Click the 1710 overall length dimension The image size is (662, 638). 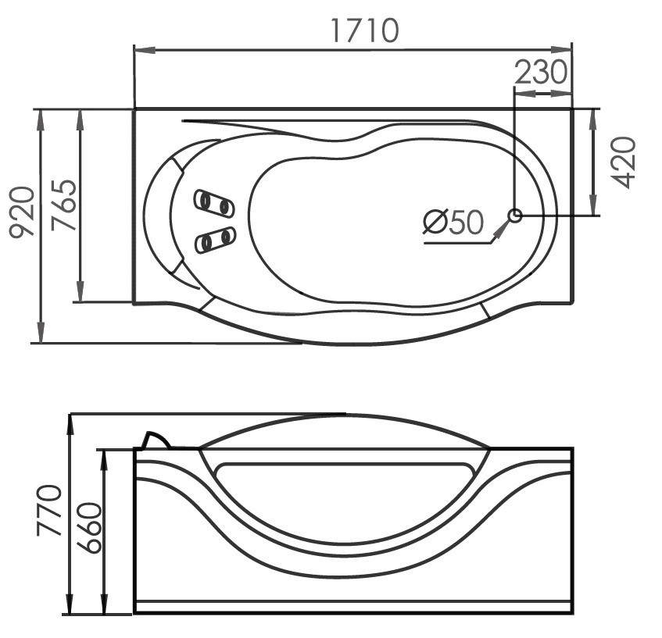364,30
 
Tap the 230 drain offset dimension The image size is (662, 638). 542,72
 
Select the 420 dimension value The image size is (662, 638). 624,162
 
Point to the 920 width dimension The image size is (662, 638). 21,213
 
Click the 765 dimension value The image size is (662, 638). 63,205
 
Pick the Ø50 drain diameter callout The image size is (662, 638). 453,222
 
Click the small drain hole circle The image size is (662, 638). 515,216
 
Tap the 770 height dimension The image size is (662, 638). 49,510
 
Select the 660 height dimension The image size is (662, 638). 90,527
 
